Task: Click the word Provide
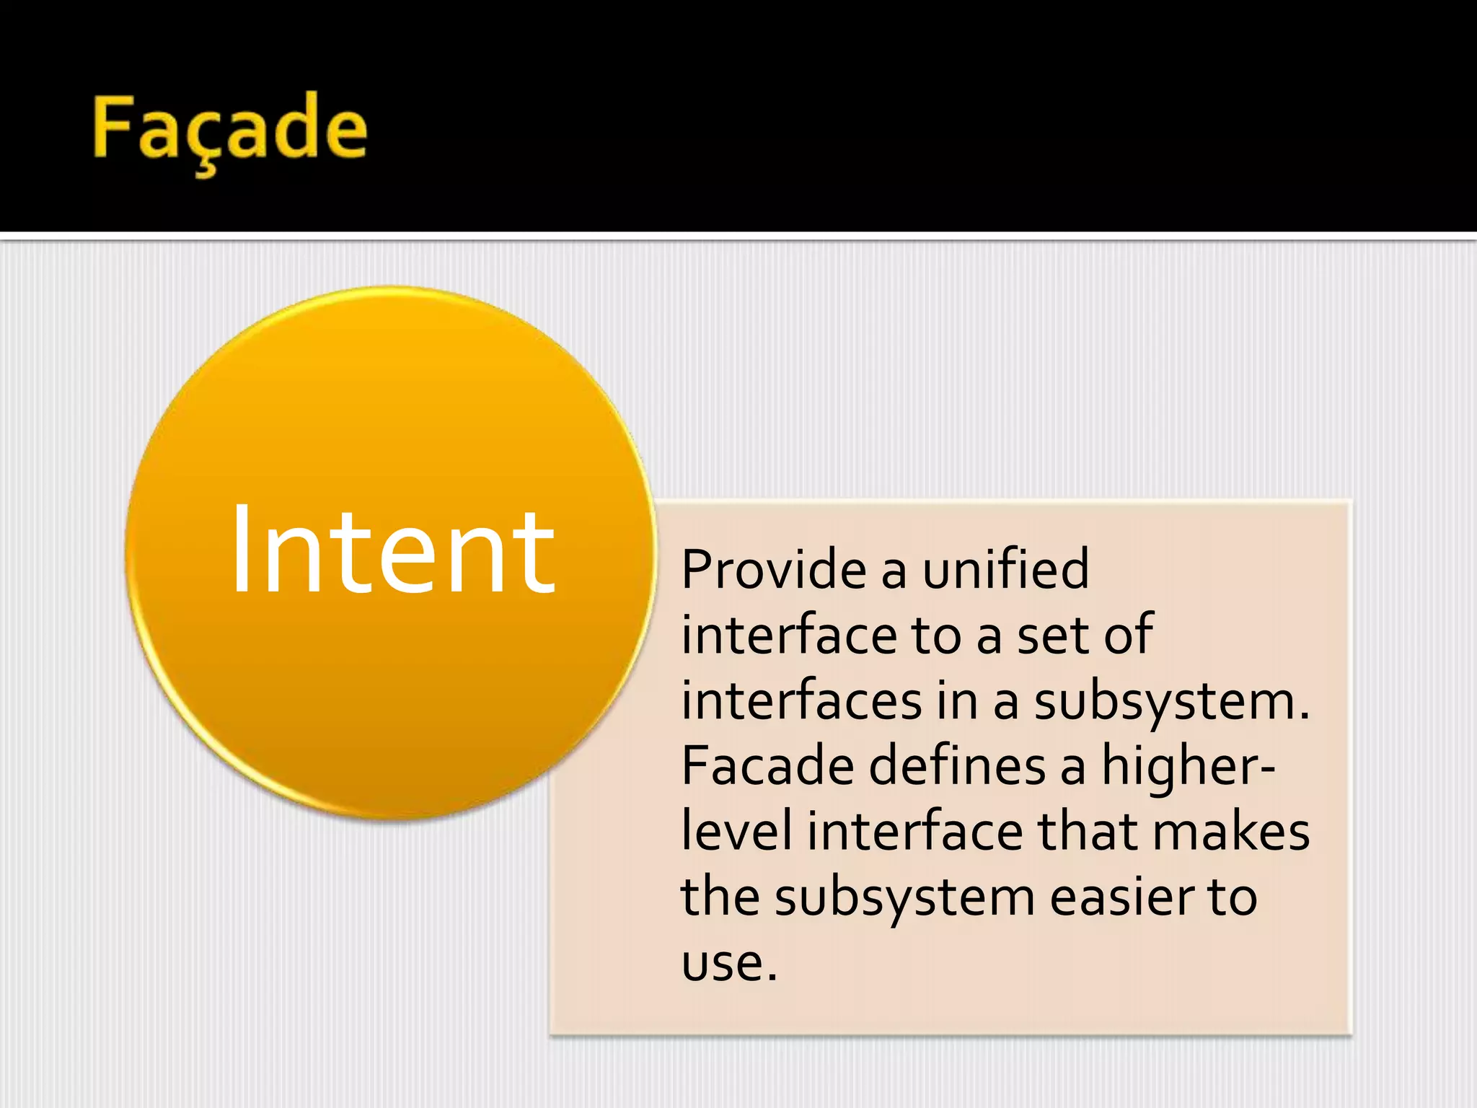tap(773, 570)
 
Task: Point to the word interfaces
tap(801, 700)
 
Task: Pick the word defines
tap(957, 766)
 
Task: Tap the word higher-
tap(1188, 766)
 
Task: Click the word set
tap(1052, 636)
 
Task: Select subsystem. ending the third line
tap(1171, 702)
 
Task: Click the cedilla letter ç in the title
tap(206, 137)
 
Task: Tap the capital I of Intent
tap(241, 550)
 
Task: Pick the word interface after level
tap(914, 832)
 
